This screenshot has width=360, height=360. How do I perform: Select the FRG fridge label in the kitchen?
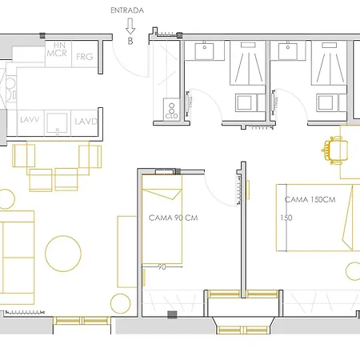tap(84, 57)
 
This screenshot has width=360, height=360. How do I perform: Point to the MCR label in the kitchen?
tap(56, 54)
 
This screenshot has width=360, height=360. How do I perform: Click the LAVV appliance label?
tap(30, 122)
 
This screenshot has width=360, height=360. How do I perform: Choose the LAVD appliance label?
tap(86, 122)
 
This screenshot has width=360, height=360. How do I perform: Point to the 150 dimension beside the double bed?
tap(286, 217)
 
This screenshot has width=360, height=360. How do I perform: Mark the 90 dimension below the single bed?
tap(162, 267)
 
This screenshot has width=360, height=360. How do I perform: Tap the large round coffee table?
tap(62, 254)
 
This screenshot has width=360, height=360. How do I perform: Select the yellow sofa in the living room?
tap(16, 256)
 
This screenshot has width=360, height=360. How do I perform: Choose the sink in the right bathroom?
tap(286, 52)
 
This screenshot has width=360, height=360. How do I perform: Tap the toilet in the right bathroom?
tap(327, 102)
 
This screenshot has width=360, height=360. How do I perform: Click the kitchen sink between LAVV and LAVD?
tap(56, 122)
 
